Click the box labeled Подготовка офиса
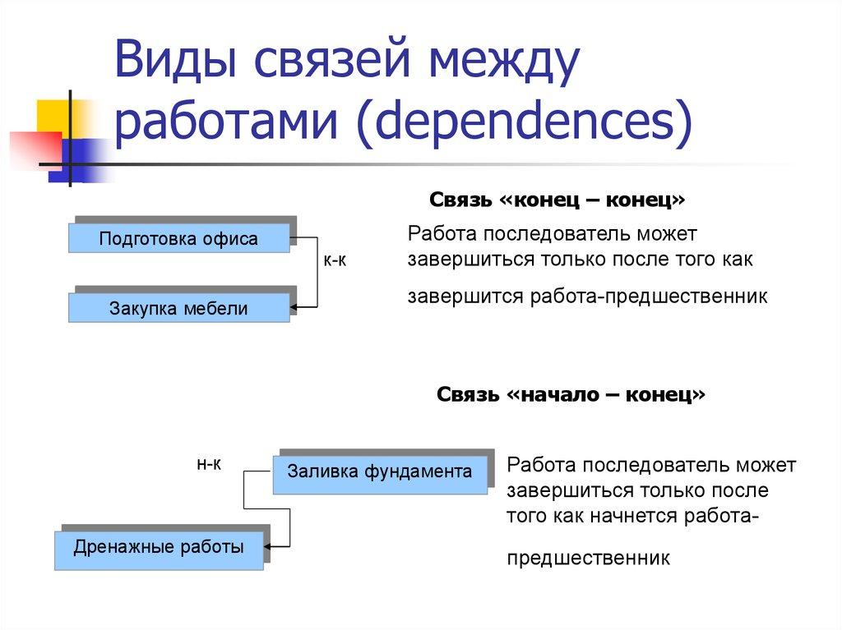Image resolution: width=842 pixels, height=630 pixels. click(x=178, y=239)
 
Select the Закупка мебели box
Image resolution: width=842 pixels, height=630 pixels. click(x=178, y=309)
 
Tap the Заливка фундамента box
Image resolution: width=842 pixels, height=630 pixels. click(x=379, y=471)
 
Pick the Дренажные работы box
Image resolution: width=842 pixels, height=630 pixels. click(x=159, y=547)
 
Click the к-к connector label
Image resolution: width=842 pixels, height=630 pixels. click(x=334, y=261)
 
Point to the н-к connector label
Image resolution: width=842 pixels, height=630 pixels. click(x=209, y=464)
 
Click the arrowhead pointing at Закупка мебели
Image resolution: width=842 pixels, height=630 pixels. click(x=294, y=308)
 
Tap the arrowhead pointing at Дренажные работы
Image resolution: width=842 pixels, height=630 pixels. click(x=270, y=545)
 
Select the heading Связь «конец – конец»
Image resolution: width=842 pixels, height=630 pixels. click(x=557, y=200)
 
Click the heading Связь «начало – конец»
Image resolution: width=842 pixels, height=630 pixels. click(x=571, y=394)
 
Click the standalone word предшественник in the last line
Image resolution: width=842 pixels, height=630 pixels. click(x=589, y=559)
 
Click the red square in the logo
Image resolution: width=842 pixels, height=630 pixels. click(x=33, y=148)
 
